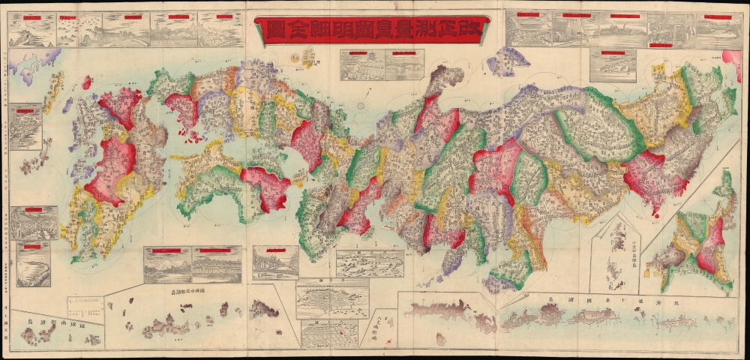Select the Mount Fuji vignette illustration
tap(167, 265)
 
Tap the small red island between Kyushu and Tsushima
tap(87, 82)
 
